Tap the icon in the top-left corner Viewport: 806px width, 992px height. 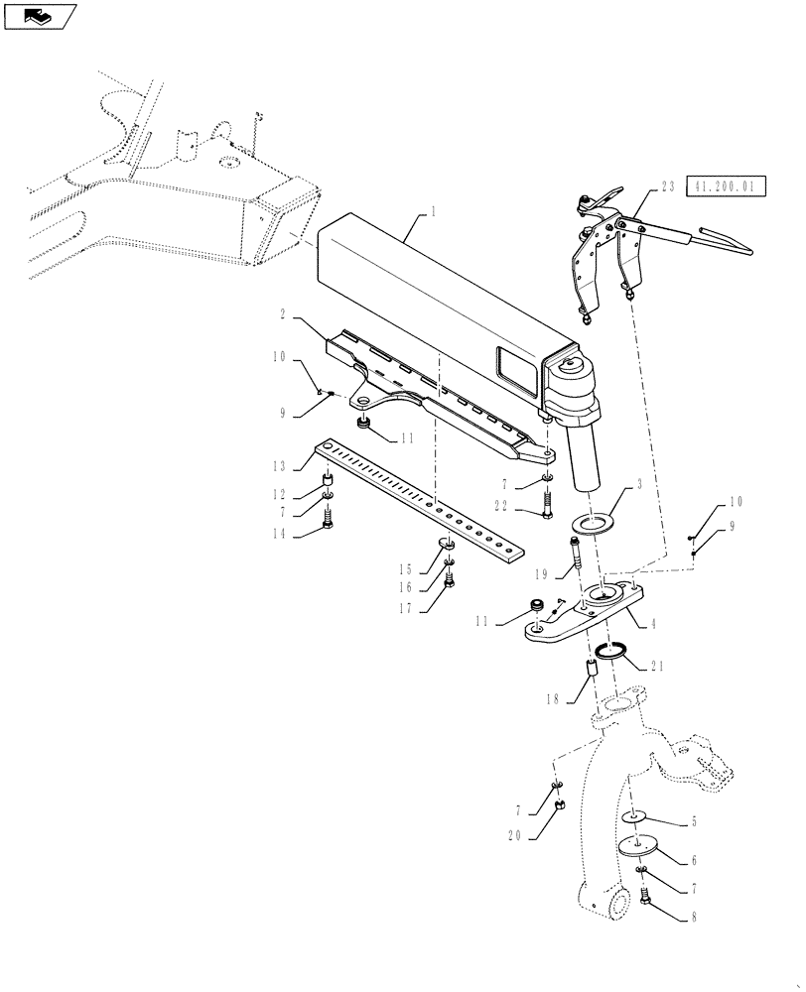tap(38, 15)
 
